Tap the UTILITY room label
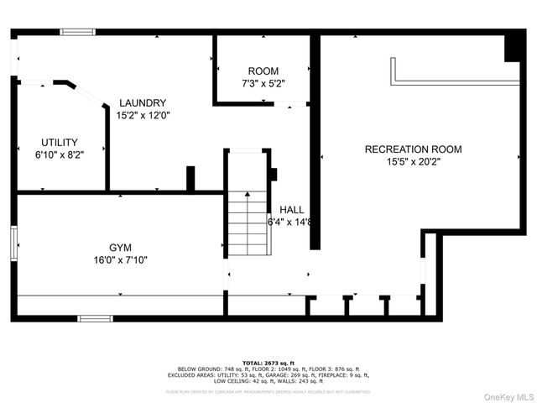(x=60, y=142)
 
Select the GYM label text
(x=120, y=248)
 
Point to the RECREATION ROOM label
(x=413, y=149)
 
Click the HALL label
(x=291, y=210)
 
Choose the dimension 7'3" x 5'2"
(x=263, y=84)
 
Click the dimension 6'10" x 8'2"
(x=60, y=154)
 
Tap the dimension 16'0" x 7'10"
(x=120, y=260)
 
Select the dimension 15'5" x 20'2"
(x=413, y=161)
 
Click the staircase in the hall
(x=248, y=222)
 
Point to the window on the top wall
(x=76, y=32)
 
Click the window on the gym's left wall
(x=14, y=244)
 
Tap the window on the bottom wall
(x=95, y=318)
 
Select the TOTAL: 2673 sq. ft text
(x=268, y=362)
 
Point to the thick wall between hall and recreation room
(x=315, y=143)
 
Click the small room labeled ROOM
(x=263, y=71)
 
